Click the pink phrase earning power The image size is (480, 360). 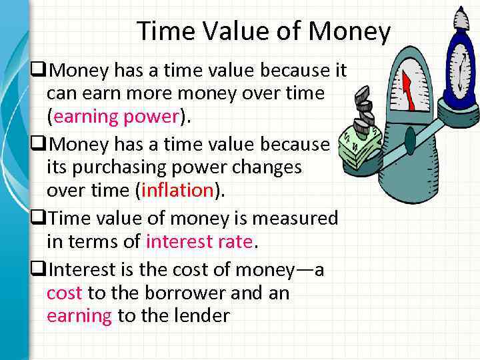(117, 117)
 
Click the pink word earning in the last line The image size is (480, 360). (79, 315)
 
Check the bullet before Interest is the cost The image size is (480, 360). (37, 270)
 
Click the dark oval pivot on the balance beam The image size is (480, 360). (410, 140)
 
